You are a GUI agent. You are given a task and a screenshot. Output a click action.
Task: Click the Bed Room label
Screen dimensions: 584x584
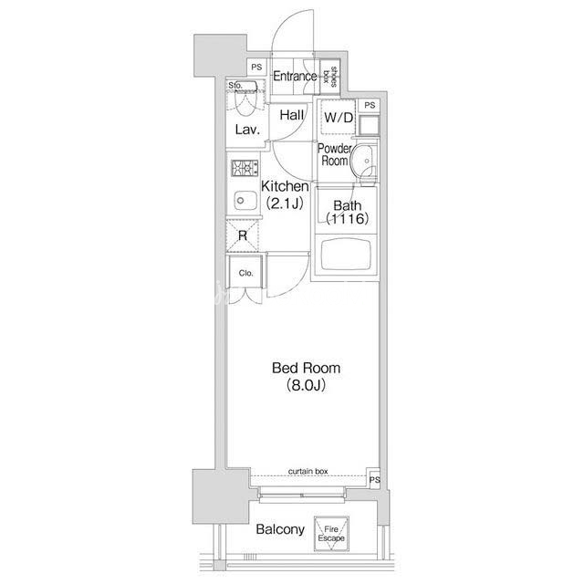tap(307, 376)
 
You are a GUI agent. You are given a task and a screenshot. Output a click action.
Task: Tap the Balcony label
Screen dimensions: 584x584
tap(280, 529)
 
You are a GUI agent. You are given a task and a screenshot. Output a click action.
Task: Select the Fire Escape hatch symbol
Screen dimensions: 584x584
tap(331, 534)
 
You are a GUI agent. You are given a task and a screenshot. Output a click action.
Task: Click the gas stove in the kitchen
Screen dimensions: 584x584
tap(245, 168)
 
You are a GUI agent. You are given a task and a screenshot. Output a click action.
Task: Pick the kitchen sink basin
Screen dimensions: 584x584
tap(245, 201)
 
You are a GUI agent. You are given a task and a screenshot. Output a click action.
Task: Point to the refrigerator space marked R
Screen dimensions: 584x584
tap(243, 235)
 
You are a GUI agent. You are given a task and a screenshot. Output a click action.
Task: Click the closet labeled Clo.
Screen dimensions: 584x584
tap(245, 272)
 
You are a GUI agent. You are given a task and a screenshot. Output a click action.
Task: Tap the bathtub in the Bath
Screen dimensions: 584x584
tap(346, 255)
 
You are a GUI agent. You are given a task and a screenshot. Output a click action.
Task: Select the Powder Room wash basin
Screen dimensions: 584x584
tap(362, 162)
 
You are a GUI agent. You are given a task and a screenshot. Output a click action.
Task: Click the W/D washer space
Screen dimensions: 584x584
tap(339, 118)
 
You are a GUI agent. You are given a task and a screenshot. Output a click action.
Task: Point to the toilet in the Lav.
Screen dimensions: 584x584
tap(245, 99)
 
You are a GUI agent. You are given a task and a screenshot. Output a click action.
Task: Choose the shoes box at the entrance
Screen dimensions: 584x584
tap(329, 77)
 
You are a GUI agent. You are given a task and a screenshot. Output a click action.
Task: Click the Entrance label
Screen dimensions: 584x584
tap(295, 77)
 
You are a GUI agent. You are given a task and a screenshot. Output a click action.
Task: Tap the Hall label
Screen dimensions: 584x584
tap(292, 115)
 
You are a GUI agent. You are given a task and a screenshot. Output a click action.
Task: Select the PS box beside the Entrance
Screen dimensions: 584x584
tap(256, 68)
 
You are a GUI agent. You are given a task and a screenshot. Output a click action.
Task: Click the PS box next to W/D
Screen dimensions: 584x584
tap(370, 106)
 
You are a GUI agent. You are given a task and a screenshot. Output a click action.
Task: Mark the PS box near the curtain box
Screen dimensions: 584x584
tap(374, 479)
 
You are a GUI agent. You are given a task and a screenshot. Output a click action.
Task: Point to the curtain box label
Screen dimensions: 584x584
tap(308, 471)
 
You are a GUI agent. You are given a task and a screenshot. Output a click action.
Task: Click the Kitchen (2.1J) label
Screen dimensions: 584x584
tap(285, 194)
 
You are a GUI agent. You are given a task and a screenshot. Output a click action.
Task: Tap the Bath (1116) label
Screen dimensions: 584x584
tap(347, 212)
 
